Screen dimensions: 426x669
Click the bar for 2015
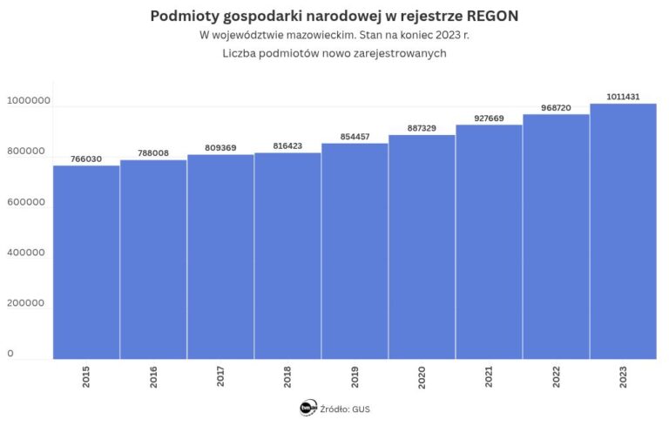pyautogui.click(x=86, y=261)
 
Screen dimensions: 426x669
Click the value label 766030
pyautogui.click(x=86, y=159)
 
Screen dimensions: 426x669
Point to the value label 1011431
pyautogui.click(x=623, y=97)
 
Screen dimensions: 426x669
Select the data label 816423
pyautogui.click(x=287, y=146)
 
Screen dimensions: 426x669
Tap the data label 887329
pyautogui.click(x=422, y=128)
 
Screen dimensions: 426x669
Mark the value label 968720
pyautogui.click(x=556, y=108)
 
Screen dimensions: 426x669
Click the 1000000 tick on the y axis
pyautogui.click(x=29, y=101)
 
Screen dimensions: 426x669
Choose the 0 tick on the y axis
pyautogui.click(x=10, y=354)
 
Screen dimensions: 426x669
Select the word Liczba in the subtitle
pyautogui.click(x=239, y=54)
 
